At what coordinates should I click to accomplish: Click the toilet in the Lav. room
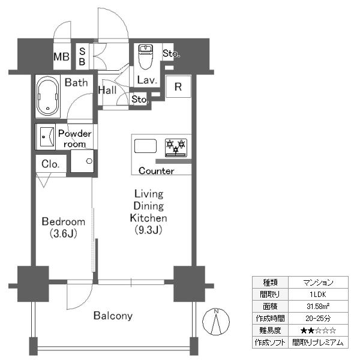[146, 57]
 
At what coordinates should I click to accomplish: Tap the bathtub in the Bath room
[48, 96]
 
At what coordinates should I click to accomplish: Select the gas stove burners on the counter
[176, 148]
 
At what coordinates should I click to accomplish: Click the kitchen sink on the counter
[145, 146]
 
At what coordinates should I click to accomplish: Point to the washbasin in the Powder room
[47, 137]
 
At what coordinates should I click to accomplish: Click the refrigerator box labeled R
[178, 86]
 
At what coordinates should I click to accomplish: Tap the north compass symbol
[216, 322]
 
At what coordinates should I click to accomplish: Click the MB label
[61, 57]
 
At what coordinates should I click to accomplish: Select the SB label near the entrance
[82, 56]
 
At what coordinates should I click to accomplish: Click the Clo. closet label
[50, 164]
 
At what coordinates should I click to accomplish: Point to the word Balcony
[113, 316]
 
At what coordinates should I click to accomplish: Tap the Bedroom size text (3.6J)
[64, 233]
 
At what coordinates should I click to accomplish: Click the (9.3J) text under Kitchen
[148, 230]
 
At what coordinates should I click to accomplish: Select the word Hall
[107, 90]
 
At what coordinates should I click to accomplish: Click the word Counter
[157, 170]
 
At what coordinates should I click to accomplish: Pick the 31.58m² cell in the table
[318, 306]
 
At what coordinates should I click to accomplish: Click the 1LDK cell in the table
[318, 295]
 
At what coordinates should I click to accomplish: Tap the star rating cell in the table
[318, 331]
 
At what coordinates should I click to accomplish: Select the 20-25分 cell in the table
[318, 319]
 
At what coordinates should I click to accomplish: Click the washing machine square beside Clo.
[82, 161]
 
